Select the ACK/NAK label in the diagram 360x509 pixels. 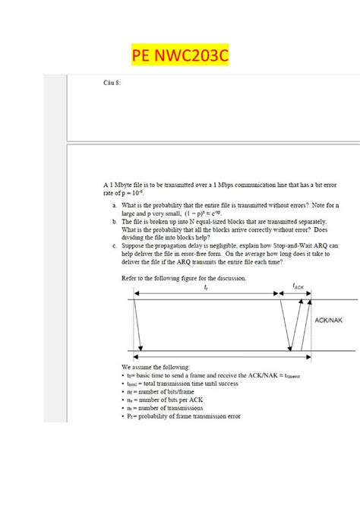328,321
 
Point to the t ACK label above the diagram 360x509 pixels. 298,286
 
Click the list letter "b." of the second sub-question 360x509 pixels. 114,220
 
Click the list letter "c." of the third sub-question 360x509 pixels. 114,245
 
